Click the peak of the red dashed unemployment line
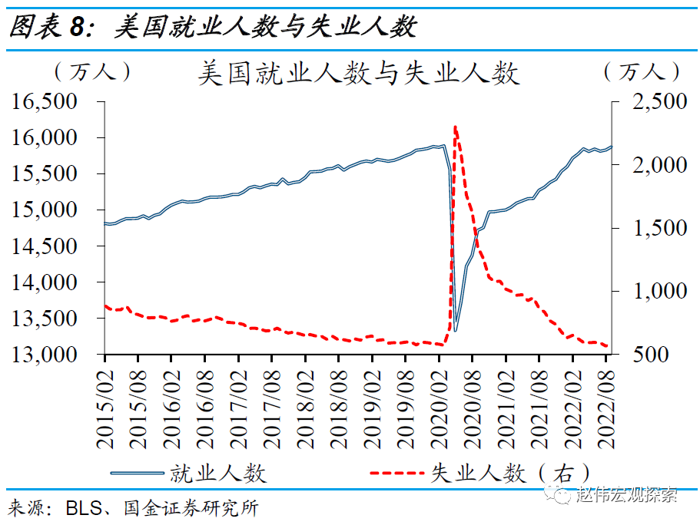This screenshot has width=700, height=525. click(x=456, y=127)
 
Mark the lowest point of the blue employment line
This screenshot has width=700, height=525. click(x=456, y=331)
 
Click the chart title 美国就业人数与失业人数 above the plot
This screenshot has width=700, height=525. click(x=358, y=74)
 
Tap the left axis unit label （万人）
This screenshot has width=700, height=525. click(x=92, y=72)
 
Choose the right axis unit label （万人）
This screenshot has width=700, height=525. click(x=642, y=72)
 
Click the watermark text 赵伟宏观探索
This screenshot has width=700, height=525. click(x=626, y=495)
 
